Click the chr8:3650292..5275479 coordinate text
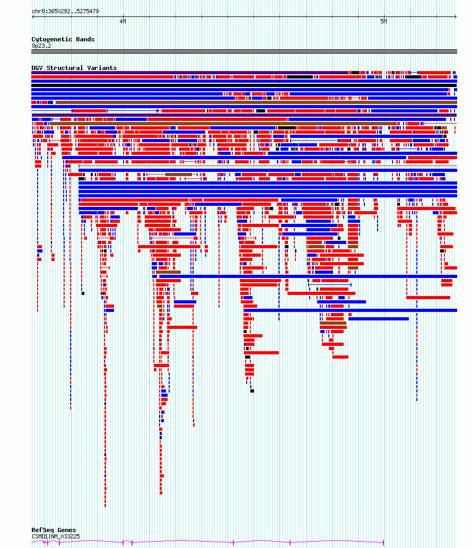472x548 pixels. click(x=65, y=11)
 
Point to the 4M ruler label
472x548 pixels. click(x=123, y=21)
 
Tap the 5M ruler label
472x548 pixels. click(x=383, y=21)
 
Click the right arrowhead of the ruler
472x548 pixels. click(x=455, y=16)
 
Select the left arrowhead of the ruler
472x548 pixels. click(x=33, y=16)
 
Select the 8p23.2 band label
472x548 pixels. click(x=41, y=46)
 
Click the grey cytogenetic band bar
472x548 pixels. click(x=244, y=52)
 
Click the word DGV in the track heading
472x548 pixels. click(x=37, y=68)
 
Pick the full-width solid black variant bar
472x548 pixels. click(x=244, y=85)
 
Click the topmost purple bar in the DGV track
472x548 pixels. click(x=190, y=73)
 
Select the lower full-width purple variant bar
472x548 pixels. click(x=244, y=115)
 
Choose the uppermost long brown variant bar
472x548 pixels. click(x=256, y=102)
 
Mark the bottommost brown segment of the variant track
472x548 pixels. click(x=105, y=506)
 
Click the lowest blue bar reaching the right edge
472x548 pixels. click(x=351, y=310)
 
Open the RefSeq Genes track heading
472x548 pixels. click(x=54, y=530)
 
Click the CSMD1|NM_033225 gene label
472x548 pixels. click(x=56, y=536)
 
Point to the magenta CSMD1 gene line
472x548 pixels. click(x=207, y=542)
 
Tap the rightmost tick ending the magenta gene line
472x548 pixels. click(x=383, y=542)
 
